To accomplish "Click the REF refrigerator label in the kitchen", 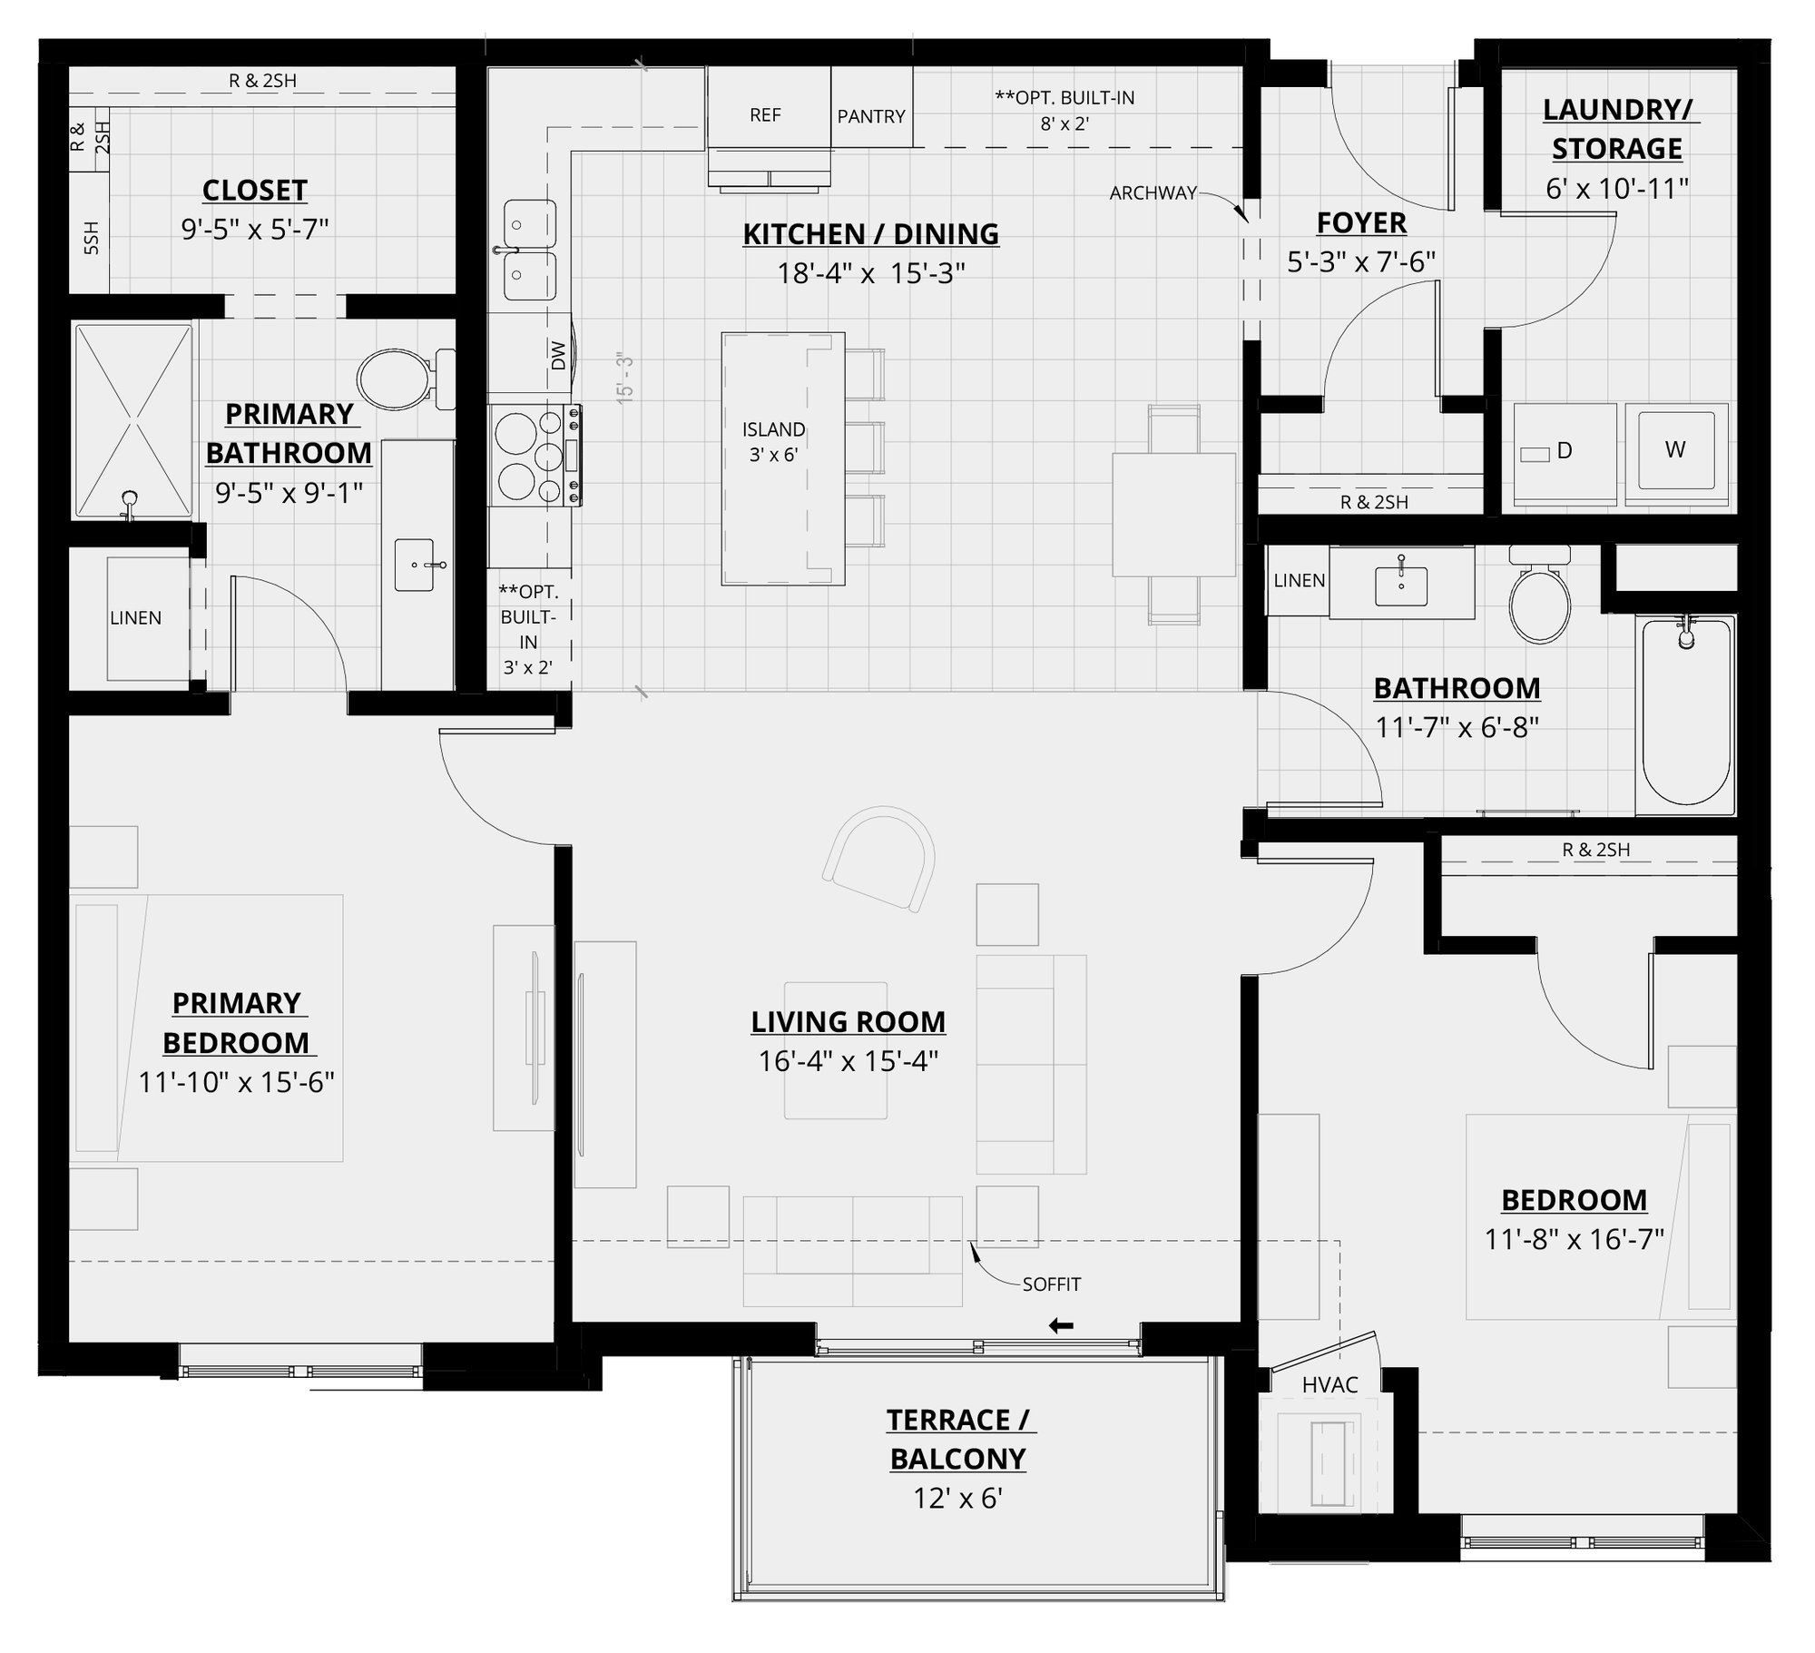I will click(x=765, y=115).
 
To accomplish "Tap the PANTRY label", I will click(x=871, y=116).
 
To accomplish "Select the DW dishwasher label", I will click(x=558, y=355).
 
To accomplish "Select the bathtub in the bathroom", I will click(x=1686, y=713).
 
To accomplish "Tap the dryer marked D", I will click(x=1565, y=451).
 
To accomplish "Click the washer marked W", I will click(x=1675, y=449).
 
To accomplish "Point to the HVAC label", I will click(x=1329, y=1384).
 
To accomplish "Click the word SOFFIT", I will click(x=1052, y=1284).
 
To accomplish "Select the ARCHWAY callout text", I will click(x=1152, y=192).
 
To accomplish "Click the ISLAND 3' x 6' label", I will click(x=773, y=442).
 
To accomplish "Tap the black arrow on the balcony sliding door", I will click(x=1061, y=1326).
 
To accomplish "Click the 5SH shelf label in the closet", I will click(x=91, y=238).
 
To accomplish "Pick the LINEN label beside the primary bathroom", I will click(x=135, y=618).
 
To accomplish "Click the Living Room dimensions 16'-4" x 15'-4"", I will click(x=848, y=1060).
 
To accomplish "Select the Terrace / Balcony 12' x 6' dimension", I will click(x=957, y=1498).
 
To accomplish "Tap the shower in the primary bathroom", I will click(x=133, y=423).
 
